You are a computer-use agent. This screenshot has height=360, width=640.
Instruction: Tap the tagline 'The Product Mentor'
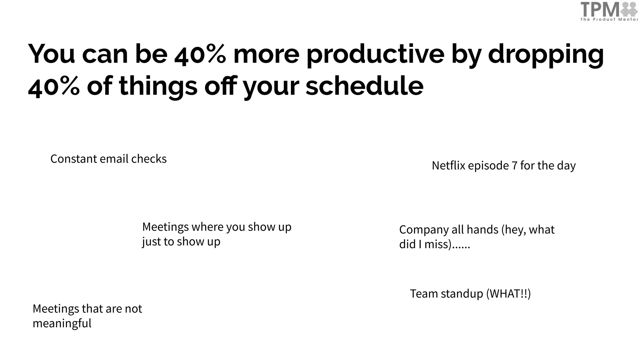coord(609,19)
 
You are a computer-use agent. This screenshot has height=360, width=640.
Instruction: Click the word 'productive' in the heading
coord(375,54)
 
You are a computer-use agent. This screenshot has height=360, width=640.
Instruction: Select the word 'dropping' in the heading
coord(546,54)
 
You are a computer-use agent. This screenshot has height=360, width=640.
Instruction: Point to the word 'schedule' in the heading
coord(364,86)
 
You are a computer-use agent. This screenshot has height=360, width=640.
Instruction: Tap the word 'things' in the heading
coord(158,87)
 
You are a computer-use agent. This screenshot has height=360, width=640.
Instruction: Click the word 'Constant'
coord(74,159)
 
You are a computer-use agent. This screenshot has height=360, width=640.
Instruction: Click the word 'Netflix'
coord(448,165)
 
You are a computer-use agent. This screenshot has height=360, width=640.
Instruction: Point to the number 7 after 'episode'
coord(514,165)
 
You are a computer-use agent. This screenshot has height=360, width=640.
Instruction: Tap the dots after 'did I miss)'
coord(462,244)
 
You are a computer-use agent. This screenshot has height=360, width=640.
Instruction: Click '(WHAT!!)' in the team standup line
coord(508,294)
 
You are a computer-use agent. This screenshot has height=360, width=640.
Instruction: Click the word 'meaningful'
coord(62,323)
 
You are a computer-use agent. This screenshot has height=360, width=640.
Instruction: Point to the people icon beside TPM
coord(629,9)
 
